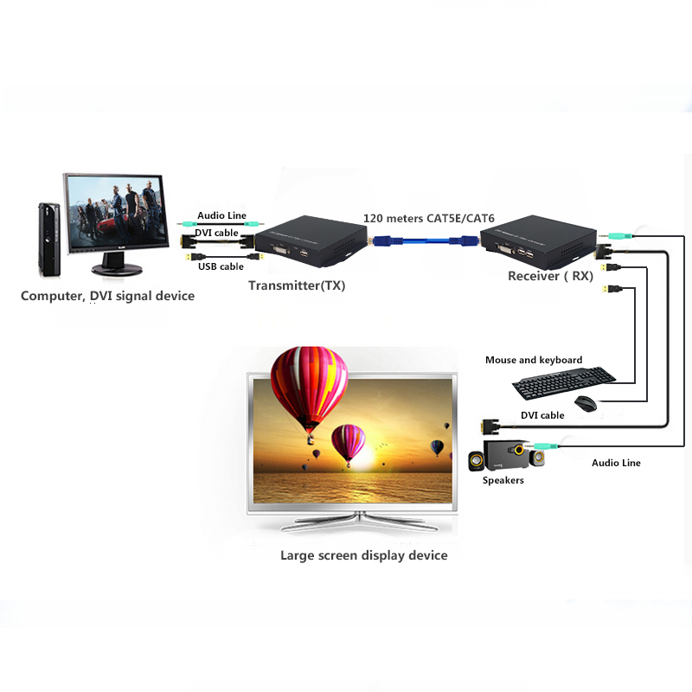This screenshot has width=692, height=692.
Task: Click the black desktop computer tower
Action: [x=48, y=238]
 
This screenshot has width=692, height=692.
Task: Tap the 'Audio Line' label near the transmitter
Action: [x=221, y=215]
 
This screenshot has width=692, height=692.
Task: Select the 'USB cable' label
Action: [x=220, y=266]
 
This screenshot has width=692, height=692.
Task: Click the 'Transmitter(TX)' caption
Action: [x=296, y=285]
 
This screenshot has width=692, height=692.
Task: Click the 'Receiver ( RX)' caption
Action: [x=552, y=276]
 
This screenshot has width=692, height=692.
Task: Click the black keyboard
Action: [x=563, y=377]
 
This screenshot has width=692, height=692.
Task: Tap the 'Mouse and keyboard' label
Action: [x=533, y=360]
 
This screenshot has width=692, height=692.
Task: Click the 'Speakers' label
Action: [x=503, y=480]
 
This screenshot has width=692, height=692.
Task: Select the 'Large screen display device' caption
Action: [x=363, y=554]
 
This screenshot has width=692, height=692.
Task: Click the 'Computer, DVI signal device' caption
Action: [x=107, y=296]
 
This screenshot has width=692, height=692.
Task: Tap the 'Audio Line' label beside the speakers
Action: [x=616, y=463]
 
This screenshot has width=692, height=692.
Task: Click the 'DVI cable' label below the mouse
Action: [x=542, y=415]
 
